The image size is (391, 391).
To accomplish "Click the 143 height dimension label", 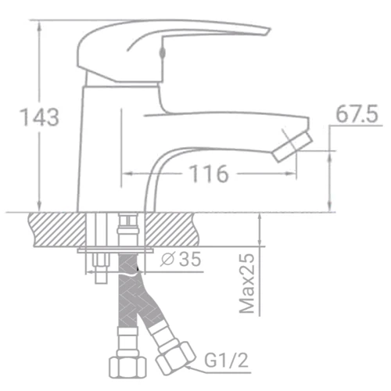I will click(38, 117).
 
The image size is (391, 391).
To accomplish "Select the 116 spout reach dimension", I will click(207, 174).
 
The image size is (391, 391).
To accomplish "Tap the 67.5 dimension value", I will click(357, 114).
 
